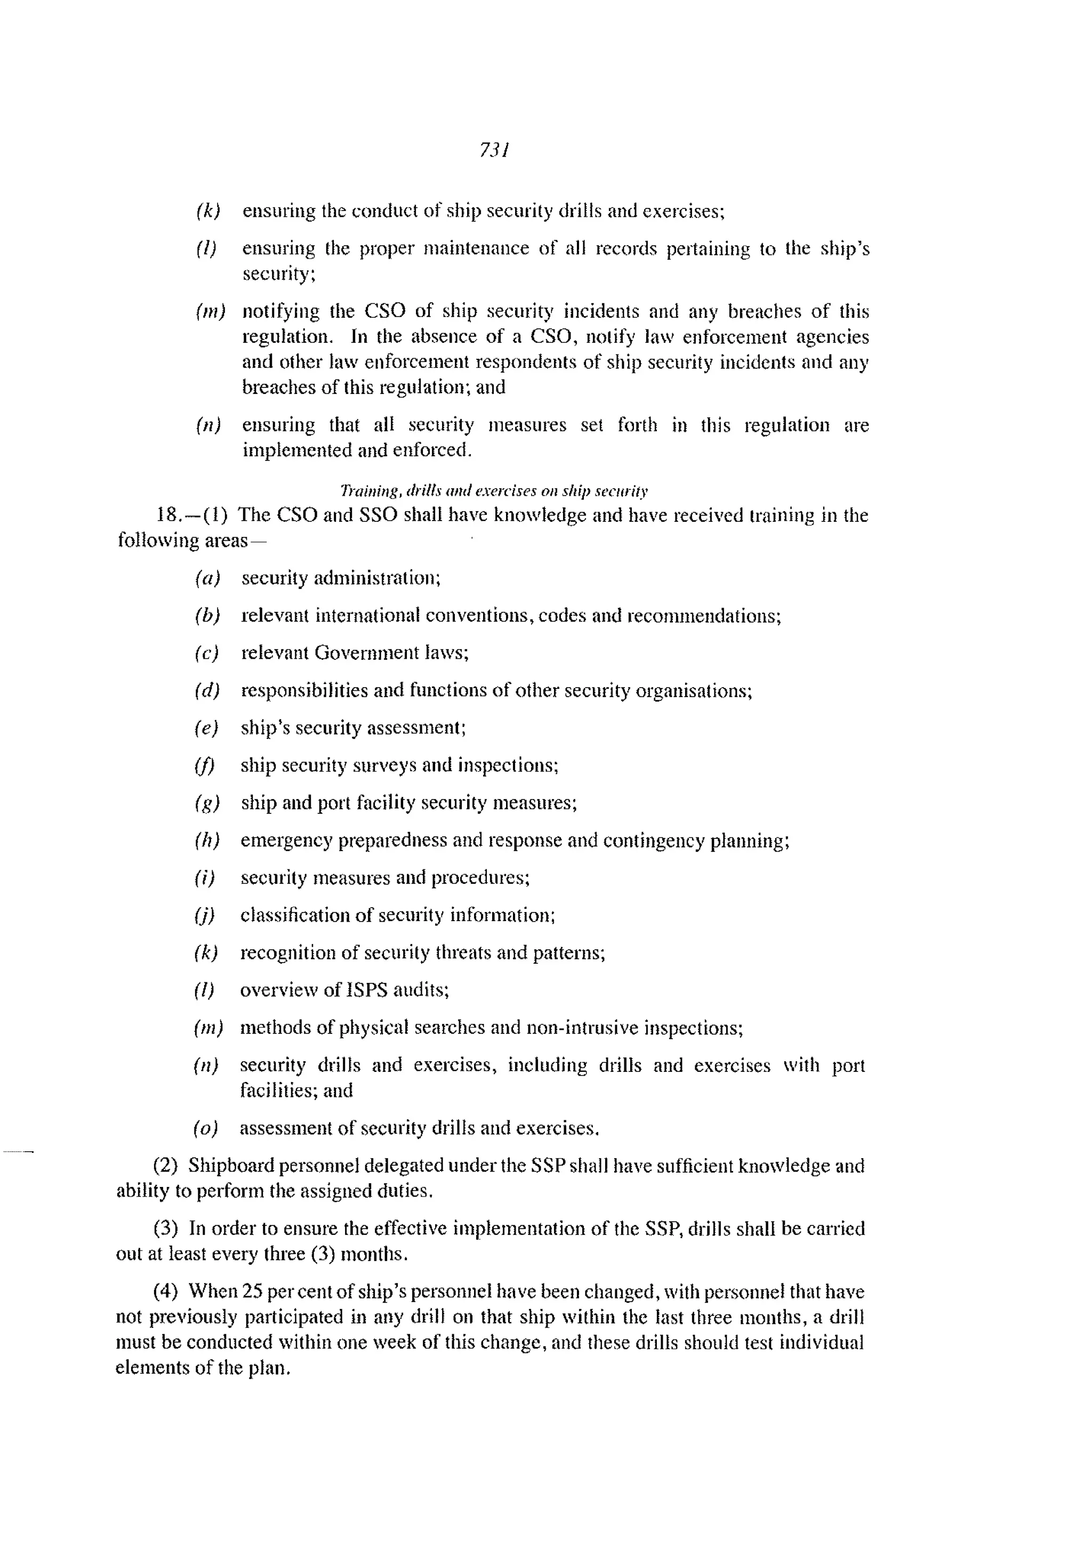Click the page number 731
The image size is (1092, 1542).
[x=494, y=149]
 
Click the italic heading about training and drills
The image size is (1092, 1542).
[x=494, y=491]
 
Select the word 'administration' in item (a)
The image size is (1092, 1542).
[x=376, y=578]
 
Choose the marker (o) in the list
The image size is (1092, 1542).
[x=206, y=1128]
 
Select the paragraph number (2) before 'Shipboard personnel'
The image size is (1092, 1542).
[x=165, y=1166]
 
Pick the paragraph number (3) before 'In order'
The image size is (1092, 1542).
[x=165, y=1229]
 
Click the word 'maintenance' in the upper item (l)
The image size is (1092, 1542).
[x=477, y=249]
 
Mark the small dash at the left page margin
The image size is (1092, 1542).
[x=18, y=1152]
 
